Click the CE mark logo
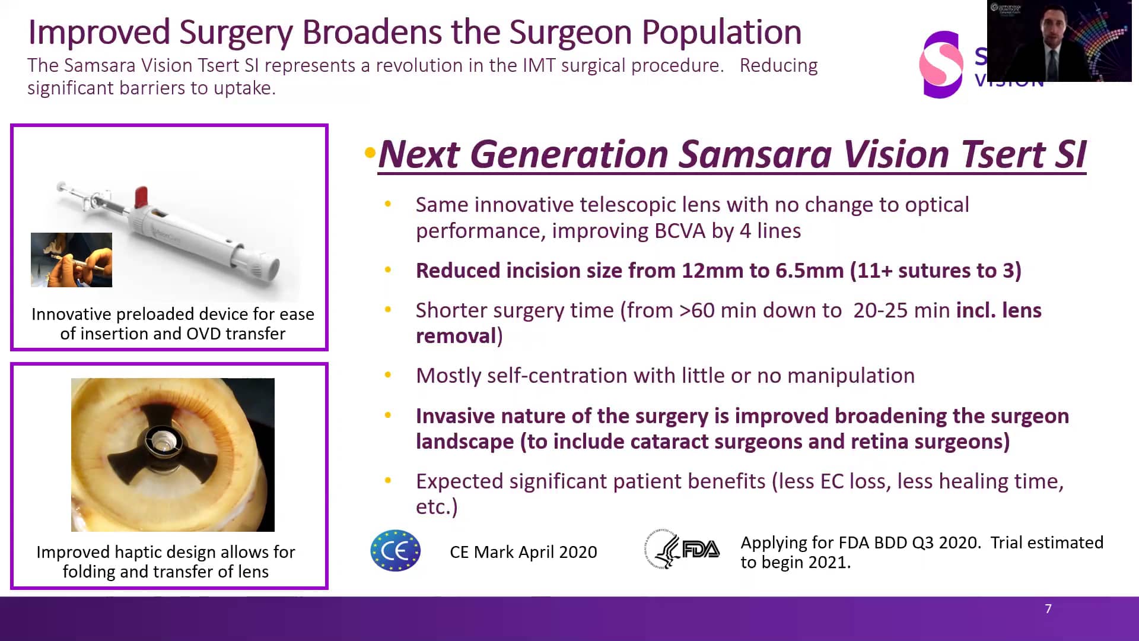click(x=396, y=551)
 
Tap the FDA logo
click(x=682, y=550)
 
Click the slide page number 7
click(x=1048, y=609)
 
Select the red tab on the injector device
click(x=141, y=196)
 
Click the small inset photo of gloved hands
click(x=71, y=260)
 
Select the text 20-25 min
click(x=901, y=310)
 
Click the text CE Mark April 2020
click(x=523, y=552)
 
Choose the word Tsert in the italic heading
click(x=1003, y=154)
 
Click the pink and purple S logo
click(x=941, y=64)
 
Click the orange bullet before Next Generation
click(x=370, y=153)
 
